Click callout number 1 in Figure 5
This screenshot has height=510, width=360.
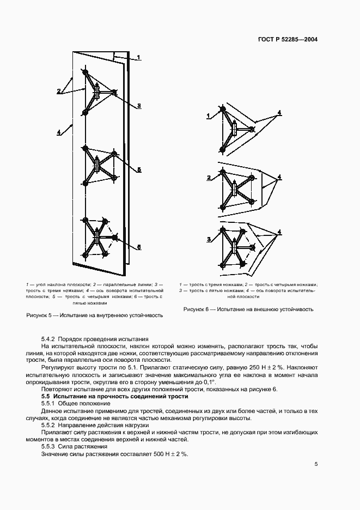click(x=138, y=57)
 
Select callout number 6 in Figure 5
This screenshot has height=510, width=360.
click(x=139, y=247)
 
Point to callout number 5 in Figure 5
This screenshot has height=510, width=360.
click(x=139, y=170)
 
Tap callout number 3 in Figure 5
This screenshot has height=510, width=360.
click(x=139, y=106)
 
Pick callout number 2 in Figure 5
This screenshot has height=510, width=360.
click(x=58, y=90)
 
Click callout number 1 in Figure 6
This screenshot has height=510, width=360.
click(x=208, y=116)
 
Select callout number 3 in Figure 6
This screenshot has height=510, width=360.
click(x=208, y=240)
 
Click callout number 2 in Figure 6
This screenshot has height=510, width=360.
click(x=208, y=178)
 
